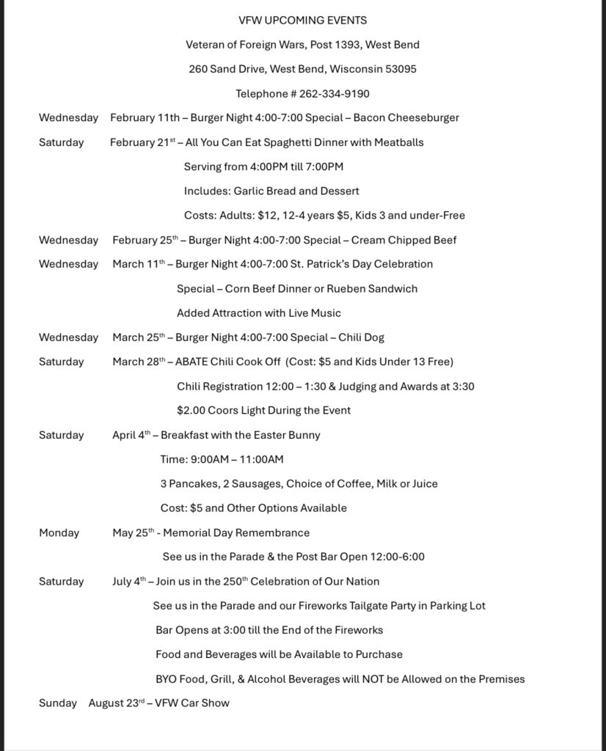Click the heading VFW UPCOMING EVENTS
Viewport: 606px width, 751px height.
[302, 21]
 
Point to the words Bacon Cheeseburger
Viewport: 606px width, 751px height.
[417, 117]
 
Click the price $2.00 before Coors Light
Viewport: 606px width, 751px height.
[191, 411]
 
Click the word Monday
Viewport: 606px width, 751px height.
[59, 532]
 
